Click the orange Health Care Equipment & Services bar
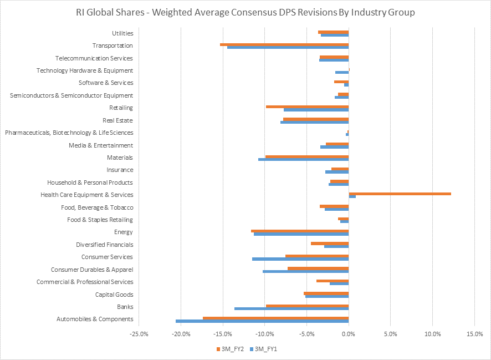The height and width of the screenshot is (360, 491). tap(400, 194)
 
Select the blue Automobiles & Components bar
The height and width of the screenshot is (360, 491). tap(262, 321)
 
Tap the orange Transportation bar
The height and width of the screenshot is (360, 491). tap(284, 44)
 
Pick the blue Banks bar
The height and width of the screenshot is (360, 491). tap(291, 308)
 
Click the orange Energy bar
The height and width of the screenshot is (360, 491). tap(300, 231)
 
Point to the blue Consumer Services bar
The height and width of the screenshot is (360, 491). tap(300, 259)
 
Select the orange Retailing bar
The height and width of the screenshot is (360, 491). tap(307, 107)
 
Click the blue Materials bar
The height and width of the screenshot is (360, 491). tap(303, 159)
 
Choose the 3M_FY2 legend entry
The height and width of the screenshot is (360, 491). tap(228, 349)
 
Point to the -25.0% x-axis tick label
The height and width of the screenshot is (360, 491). tap(139, 334)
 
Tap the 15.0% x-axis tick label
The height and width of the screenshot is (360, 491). tap(474, 334)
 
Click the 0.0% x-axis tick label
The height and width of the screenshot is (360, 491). tap(349, 334)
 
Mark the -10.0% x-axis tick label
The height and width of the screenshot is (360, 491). tap(265, 334)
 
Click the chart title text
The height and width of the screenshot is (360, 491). tap(245, 12)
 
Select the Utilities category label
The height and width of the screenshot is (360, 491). tap(122, 33)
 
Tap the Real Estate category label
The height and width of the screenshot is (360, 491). tap(117, 120)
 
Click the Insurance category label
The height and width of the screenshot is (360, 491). tap(120, 170)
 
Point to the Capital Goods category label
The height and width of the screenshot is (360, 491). tap(114, 295)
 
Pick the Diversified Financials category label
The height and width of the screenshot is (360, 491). tap(104, 245)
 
